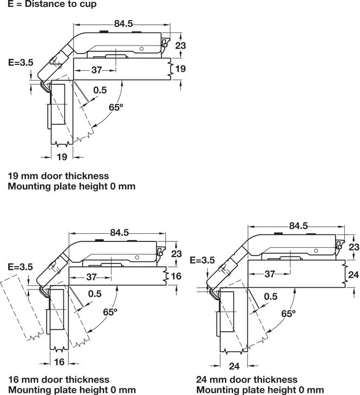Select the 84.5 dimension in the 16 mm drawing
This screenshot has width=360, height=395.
pyautogui.click(x=119, y=232)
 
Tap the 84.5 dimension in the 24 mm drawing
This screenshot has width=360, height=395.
pyautogui.click(x=298, y=226)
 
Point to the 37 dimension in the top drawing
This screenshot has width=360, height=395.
pyautogui.click(x=96, y=70)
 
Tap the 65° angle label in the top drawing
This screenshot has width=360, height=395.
pyautogui.click(x=116, y=107)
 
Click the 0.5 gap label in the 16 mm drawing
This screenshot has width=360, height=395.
pyautogui.click(x=95, y=294)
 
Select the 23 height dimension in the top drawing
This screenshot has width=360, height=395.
pyautogui.click(x=181, y=46)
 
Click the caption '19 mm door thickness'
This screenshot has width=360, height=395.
pyautogui.click(x=58, y=176)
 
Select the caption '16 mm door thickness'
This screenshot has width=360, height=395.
pyautogui.click(x=58, y=379)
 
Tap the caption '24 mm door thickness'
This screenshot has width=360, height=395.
pyautogui.click(x=247, y=379)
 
